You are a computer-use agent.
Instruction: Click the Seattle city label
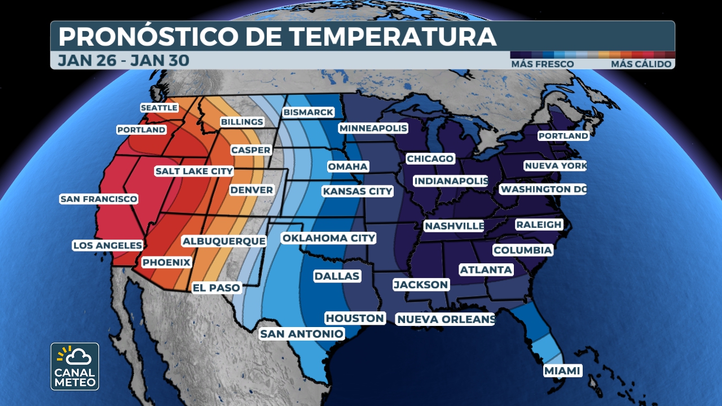tap(159, 108)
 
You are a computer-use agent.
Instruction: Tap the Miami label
tap(563, 370)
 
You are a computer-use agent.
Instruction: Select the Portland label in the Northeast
tap(563, 136)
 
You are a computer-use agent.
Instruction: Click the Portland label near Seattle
tap(142, 130)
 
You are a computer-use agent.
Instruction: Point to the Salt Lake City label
tap(194, 171)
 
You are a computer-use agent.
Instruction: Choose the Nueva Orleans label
tap(445, 319)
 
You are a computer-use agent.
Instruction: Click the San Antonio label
tap(301, 334)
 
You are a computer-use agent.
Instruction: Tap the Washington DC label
tap(543, 189)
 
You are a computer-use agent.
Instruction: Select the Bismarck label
tap(309, 112)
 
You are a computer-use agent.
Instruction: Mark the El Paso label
tap(217, 288)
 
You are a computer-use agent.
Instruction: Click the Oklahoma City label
tap(328, 238)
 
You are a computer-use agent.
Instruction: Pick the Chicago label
tap(430, 158)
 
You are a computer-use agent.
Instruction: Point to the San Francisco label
tap(99, 199)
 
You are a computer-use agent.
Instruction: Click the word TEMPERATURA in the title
tap(393, 37)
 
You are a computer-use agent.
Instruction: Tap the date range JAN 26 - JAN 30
tap(124, 60)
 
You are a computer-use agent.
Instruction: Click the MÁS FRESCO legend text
tap(542, 64)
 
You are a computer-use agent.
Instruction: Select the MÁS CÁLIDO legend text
tap(641, 64)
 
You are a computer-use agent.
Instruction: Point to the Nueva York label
tap(555, 166)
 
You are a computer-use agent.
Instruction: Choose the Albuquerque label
tap(224, 241)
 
